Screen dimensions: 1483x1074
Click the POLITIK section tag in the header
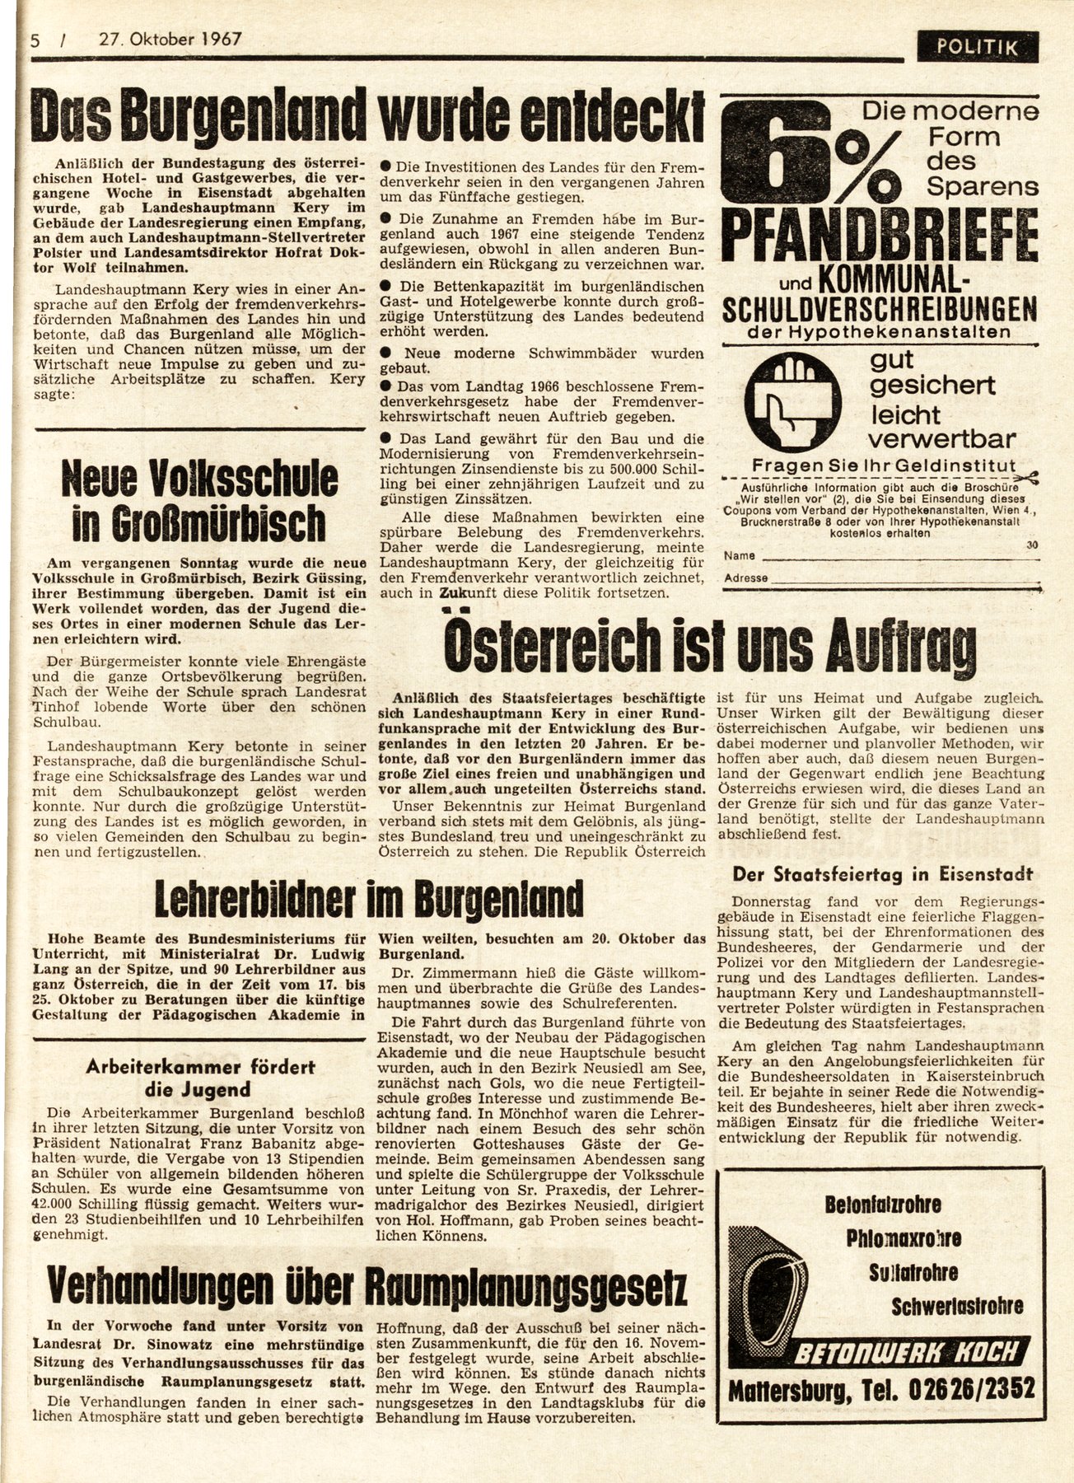point(988,47)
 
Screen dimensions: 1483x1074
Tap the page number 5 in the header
point(33,39)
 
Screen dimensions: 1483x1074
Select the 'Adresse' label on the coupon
point(745,578)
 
